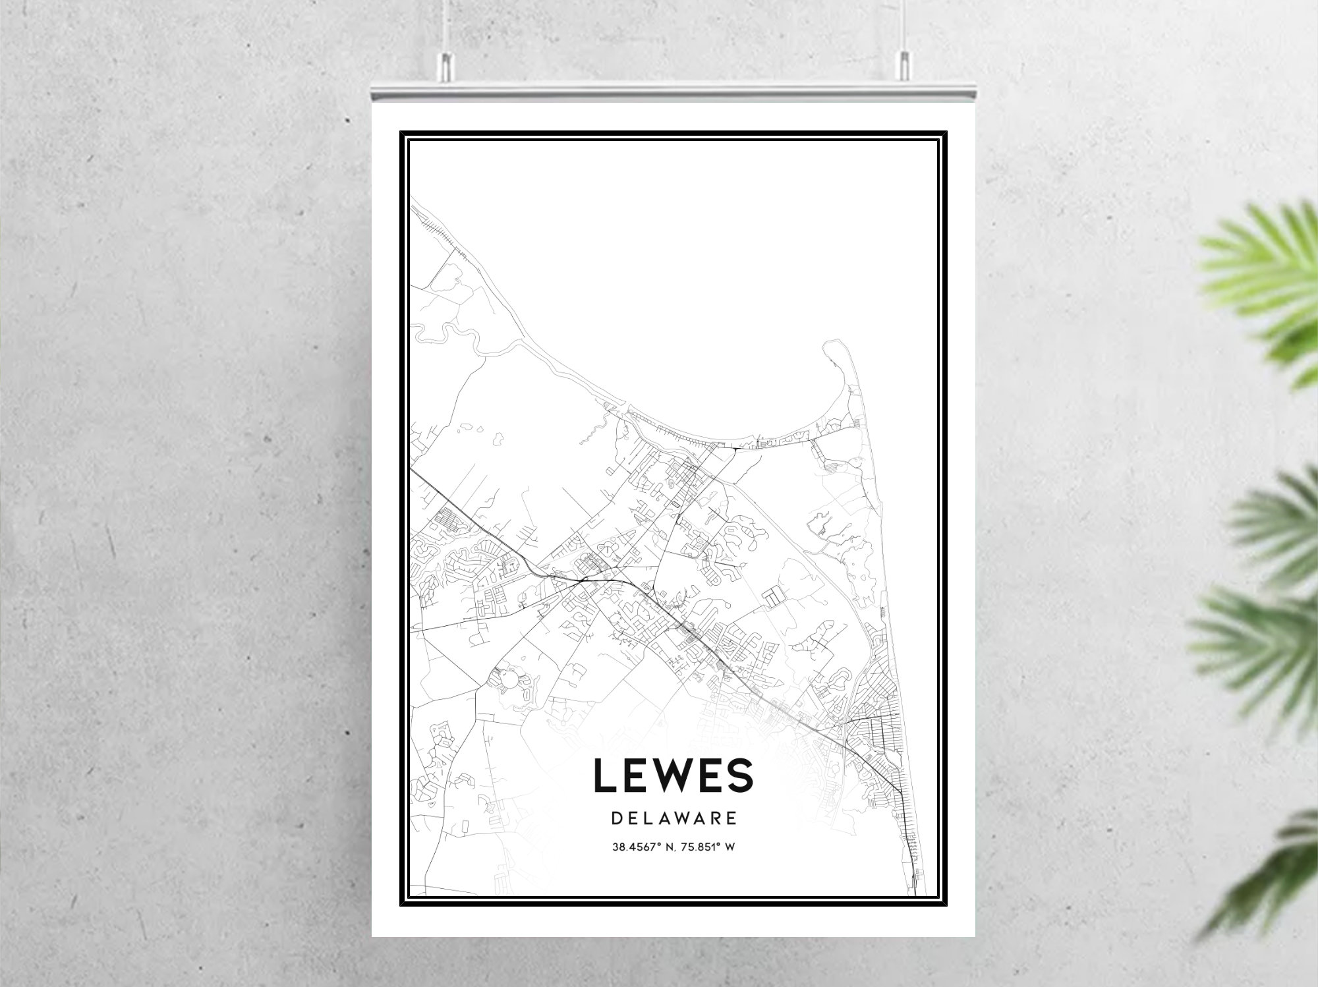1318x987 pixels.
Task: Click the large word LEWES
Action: (673, 775)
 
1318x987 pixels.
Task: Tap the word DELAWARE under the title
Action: (673, 818)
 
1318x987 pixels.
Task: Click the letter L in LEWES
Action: (606, 775)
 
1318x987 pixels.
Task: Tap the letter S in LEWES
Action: (739, 775)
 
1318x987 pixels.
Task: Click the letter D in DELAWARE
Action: (616, 818)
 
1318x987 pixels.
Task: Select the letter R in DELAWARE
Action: (715, 818)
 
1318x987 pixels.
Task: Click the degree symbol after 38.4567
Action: (654, 845)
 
